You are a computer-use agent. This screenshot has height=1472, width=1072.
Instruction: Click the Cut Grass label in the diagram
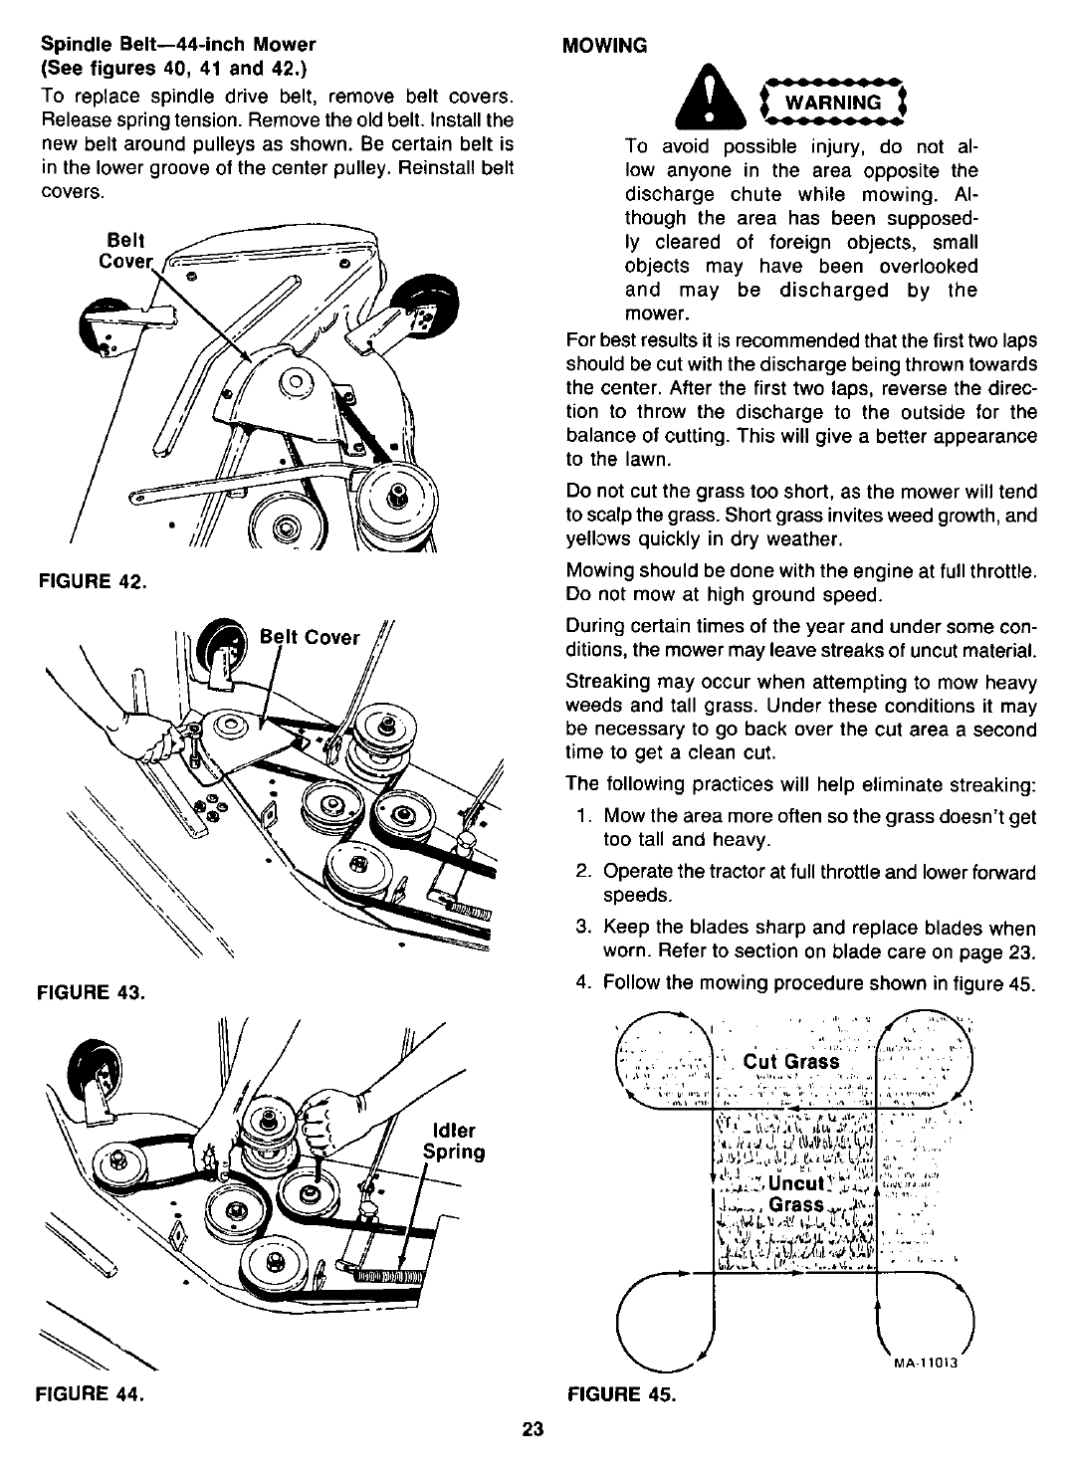click(x=791, y=1061)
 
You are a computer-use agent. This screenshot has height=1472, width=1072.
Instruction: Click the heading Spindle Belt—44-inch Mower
click(x=177, y=44)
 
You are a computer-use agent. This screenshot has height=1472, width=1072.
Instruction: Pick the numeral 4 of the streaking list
click(x=582, y=983)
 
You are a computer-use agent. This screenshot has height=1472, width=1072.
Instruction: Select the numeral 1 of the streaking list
click(x=582, y=816)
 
